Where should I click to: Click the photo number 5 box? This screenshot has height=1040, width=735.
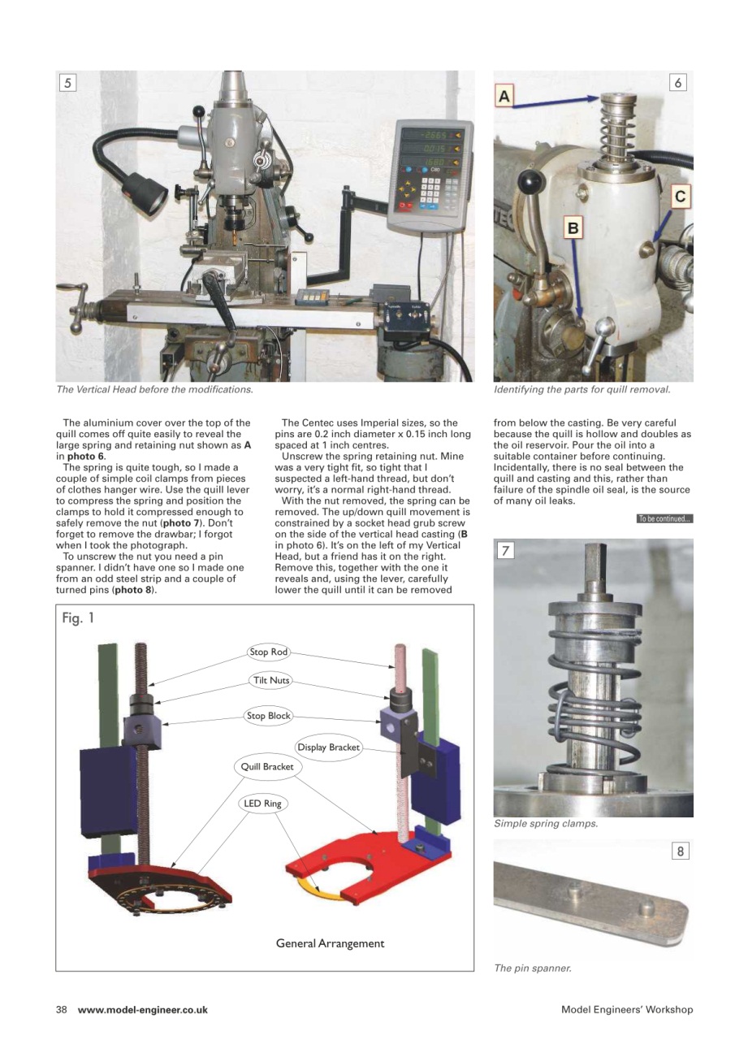[67, 82]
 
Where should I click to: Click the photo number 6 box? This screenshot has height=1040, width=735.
[679, 82]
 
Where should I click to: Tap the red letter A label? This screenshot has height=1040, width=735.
[504, 97]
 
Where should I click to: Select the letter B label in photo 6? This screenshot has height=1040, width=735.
[573, 228]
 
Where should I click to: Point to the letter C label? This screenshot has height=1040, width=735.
[681, 196]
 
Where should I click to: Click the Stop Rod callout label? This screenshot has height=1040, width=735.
[269, 652]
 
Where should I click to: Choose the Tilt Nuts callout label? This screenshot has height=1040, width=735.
[269, 680]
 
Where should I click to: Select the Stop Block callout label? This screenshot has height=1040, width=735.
[269, 716]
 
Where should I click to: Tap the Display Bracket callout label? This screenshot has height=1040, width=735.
[328, 747]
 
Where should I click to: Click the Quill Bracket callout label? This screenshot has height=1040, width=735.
[266, 766]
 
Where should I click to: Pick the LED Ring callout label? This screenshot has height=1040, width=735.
[262, 804]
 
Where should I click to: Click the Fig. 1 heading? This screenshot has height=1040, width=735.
[79, 619]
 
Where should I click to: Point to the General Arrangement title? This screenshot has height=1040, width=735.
[330, 943]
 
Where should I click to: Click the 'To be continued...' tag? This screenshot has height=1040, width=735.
[664, 519]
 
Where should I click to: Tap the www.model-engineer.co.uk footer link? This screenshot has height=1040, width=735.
[143, 1010]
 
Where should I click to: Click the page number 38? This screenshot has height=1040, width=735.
[61, 1010]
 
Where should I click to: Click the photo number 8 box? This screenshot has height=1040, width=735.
[680, 851]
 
